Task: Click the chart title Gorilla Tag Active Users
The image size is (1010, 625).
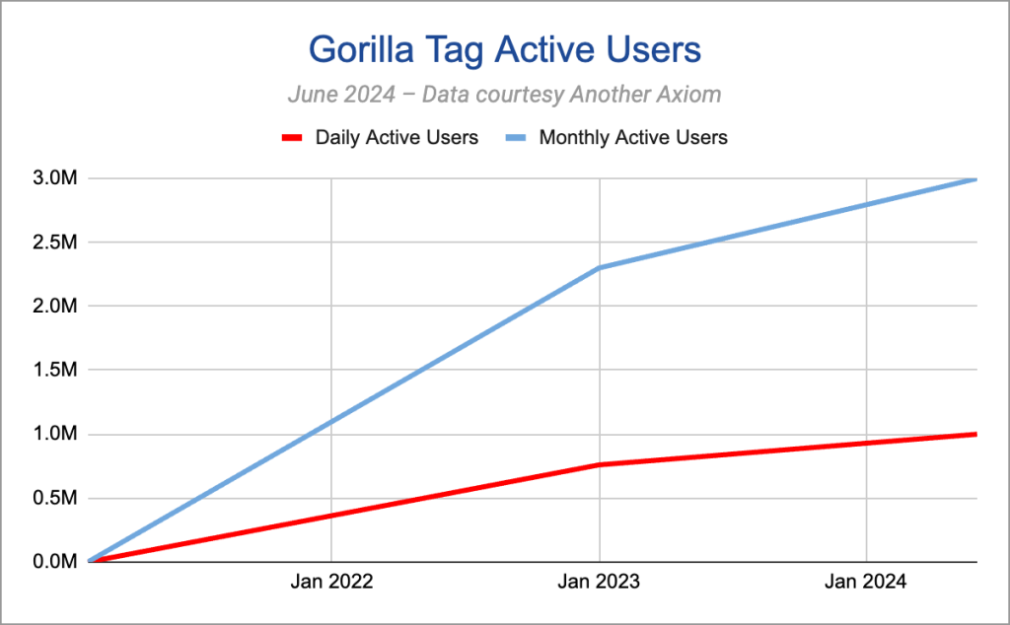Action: pos(504,49)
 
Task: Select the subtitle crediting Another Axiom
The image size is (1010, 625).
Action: pos(504,94)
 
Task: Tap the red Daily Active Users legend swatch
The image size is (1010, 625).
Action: pos(292,137)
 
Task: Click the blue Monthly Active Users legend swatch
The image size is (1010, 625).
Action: pos(516,137)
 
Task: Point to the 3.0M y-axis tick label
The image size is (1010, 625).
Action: pos(55,178)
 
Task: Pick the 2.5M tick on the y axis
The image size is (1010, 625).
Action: pos(55,243)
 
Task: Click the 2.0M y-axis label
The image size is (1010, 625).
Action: pos(55,306)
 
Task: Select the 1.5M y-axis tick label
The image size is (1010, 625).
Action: pos(55,370)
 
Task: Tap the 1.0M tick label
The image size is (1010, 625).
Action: pos(55,434)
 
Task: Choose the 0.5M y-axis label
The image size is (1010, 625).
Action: pos(55,498)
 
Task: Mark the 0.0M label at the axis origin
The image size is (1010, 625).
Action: pos(55,561)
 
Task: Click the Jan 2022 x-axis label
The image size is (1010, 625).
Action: pos(331,582)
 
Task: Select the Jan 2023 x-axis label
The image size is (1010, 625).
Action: pos(599,582)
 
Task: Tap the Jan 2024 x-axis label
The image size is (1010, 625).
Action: pos(866,582)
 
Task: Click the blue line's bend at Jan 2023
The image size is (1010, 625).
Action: pos(600,268)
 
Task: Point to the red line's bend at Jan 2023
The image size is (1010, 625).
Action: pos(600,464)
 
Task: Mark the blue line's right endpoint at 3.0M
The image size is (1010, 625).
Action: pos(976,179)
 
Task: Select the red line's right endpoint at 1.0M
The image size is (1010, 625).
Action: pos(976,435)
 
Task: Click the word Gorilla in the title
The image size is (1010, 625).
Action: pos(361,49)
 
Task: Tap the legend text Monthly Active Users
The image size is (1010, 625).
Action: pos(633,137)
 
